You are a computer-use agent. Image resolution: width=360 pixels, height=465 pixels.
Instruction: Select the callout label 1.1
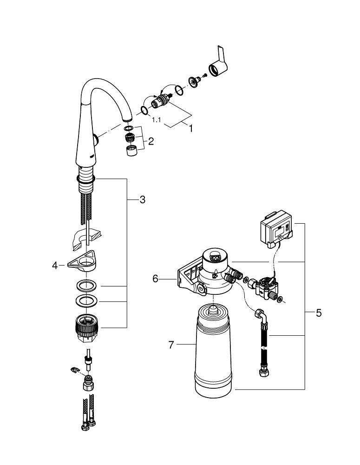157,119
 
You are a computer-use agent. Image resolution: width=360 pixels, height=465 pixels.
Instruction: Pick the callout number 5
318,312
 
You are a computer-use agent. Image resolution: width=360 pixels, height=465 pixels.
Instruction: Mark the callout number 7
171,345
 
